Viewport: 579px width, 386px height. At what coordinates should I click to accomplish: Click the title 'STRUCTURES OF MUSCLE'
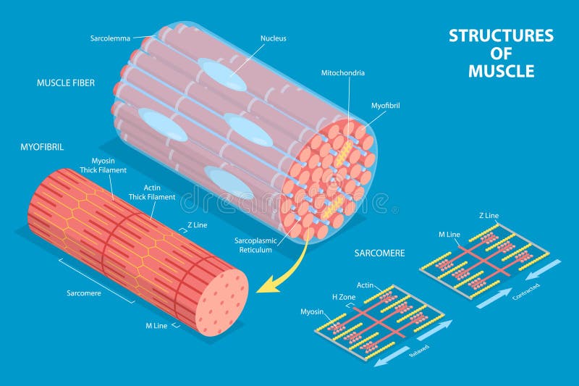click(501, 53)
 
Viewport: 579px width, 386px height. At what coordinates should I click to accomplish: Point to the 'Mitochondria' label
click(343, 73)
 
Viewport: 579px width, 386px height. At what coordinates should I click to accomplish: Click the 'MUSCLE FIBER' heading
click(66, 83)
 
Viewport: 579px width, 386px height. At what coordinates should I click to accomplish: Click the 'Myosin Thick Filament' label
click(109, 165)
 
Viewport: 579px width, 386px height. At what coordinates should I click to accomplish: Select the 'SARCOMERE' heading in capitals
click(379, 253)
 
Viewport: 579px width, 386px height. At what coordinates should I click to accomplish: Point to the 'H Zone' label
click(344, 297)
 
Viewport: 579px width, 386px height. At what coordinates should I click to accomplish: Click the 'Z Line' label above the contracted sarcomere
click(489, 216)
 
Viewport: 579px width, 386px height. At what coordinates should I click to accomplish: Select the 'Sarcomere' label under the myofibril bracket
click(86, 293)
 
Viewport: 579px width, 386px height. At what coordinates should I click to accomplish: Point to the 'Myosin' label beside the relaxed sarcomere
click(312, 311)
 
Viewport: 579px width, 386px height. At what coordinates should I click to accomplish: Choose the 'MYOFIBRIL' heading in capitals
click(42, 147)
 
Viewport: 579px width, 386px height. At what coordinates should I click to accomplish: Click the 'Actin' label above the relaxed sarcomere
click(365, 285)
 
